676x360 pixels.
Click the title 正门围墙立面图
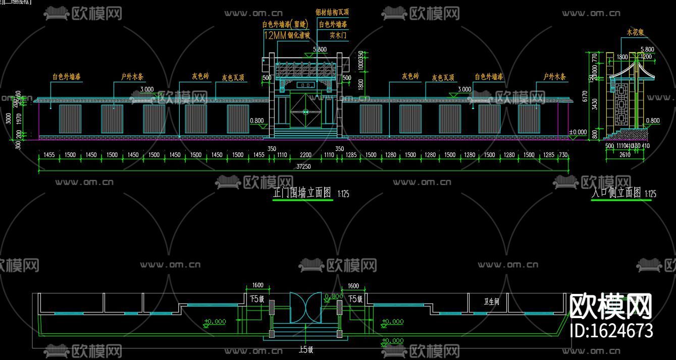click(301, 192)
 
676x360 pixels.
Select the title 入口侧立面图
click(616, 192)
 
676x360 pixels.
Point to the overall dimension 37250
click(303, 167)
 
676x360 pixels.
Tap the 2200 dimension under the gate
click(305, 155)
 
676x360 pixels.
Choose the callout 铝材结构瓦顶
click(332, 12)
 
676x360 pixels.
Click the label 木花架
click(635, 32)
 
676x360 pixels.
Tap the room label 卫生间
click(491, 301)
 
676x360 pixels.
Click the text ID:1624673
click(611, 331)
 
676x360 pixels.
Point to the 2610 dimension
click(625, 155)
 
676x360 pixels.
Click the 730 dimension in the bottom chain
click(563, 155)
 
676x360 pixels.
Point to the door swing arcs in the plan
click(305, 307)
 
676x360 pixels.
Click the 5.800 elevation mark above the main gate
click(320, 49)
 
